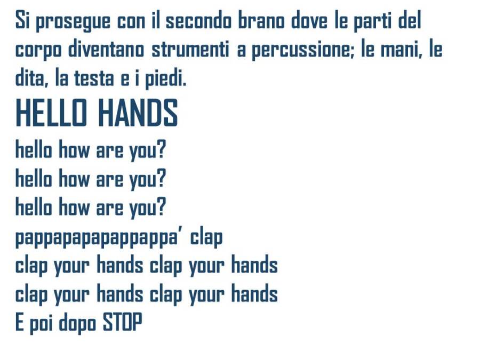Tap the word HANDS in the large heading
point(138,113)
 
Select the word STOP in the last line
point(123,322)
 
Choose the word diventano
point(106,49)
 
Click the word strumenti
point(190,49)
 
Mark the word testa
point(94,78)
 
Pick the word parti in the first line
point(372,22)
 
